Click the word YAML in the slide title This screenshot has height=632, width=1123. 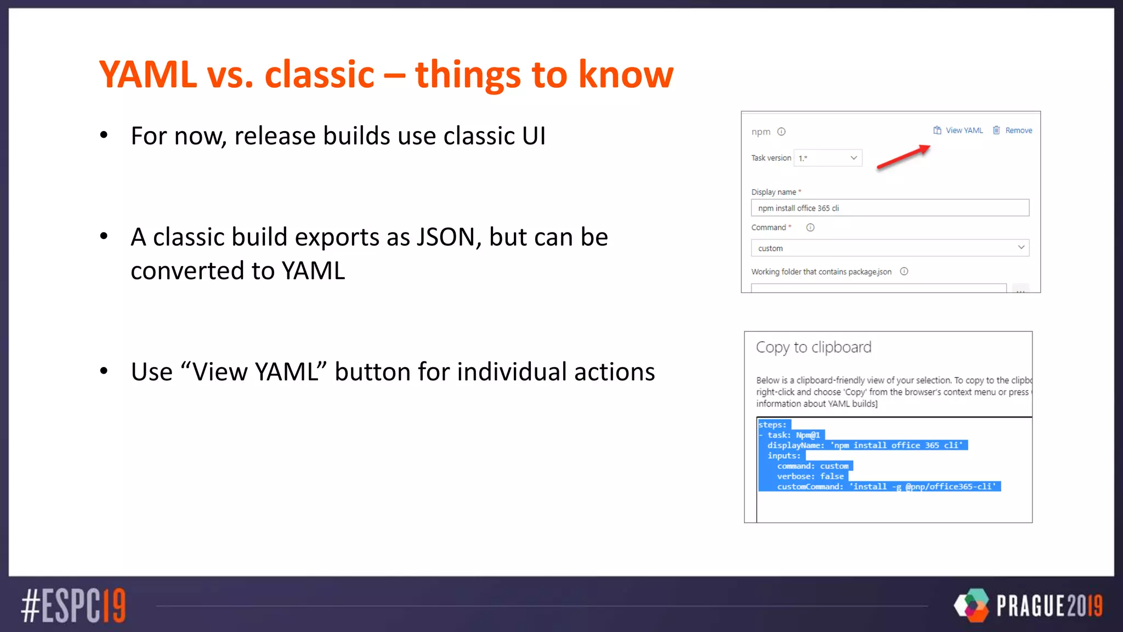(x=148, y=75)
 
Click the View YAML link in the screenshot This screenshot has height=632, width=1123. (x=963, y=131)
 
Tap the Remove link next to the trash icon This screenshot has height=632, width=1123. (x=1018, y=131)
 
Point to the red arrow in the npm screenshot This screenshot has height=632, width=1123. (x=904, y=157)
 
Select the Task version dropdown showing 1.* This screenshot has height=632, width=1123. (x=828, y=158)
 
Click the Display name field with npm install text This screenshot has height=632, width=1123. (x=889, y=208)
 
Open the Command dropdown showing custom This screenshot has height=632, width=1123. (x=889, y=248)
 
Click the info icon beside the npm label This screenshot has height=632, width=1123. (x=782, y=132)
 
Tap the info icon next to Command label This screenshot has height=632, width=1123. (x=810, y=228)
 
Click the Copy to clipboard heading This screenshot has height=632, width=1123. (x=813, y=347)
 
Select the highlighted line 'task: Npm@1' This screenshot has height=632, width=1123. (x=793, y=435)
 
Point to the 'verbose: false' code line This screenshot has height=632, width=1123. (x=810, y=476)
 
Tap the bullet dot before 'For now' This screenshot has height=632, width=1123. (x=104, y=135)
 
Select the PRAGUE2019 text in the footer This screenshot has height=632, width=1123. (x=1048, y=606)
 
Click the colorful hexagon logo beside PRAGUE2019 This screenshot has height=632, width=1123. (x=972, y=605)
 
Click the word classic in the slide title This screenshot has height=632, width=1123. (x=319, y=75)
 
